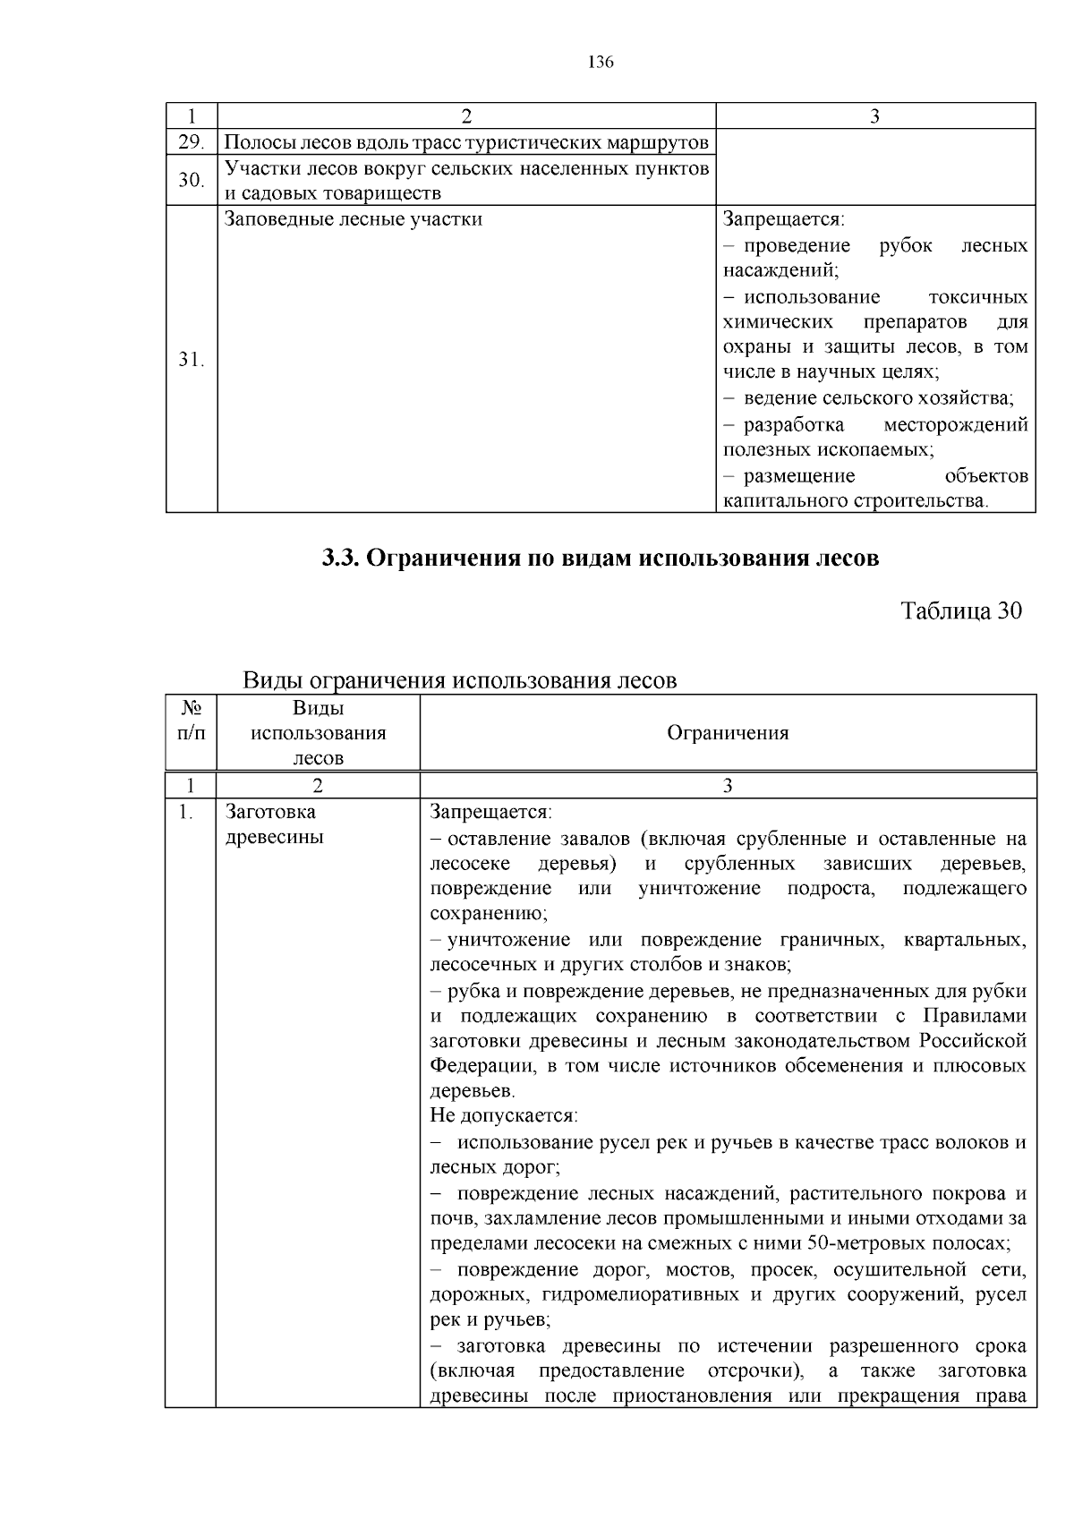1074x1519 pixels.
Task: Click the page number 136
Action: [601, 62]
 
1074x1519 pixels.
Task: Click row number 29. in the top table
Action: [190, 142]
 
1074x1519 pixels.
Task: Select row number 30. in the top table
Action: [190, 181]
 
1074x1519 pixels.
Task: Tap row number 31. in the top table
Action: [190, 360]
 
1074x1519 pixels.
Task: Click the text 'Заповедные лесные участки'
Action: [354, 219]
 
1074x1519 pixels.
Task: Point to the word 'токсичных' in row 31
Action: [977, 297]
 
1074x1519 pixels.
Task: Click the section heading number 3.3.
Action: [340, 559]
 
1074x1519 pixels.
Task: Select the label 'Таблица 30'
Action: [960, 611]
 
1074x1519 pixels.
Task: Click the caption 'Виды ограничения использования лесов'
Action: [460, 680]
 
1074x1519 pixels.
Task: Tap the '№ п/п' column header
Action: [191, 721]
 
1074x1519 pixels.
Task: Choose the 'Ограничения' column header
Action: [728, 733]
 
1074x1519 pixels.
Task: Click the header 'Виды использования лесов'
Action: [318, 733]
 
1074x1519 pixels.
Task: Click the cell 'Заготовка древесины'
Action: [275, 824]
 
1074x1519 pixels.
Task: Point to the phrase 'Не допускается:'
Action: [504, 1116]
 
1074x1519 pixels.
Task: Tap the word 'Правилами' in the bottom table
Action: [974, 1016]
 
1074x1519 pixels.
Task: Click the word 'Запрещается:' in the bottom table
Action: [490, 812]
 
